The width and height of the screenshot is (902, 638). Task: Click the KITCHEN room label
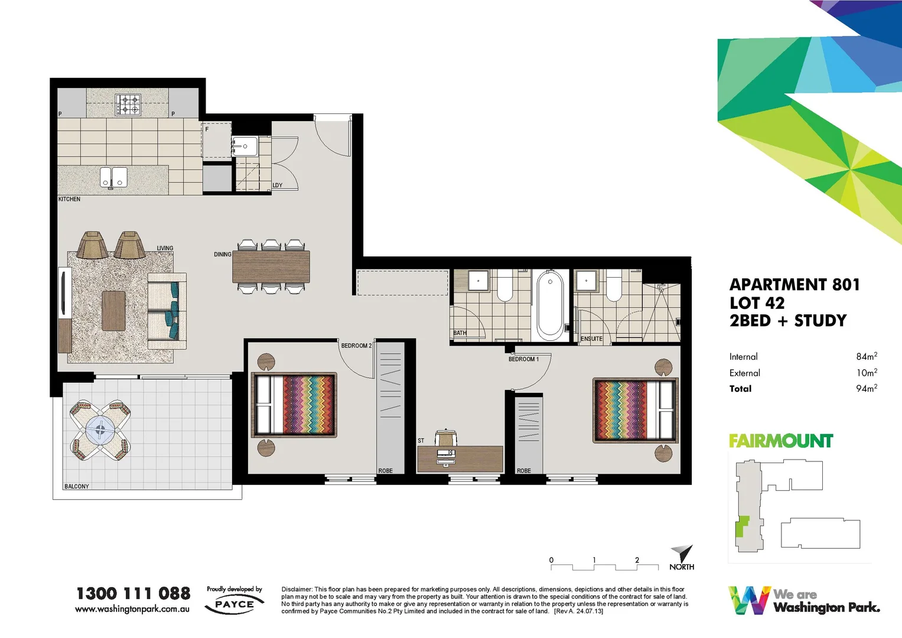[x=69, y=199]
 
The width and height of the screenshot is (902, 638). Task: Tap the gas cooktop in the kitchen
[x=128, y=105]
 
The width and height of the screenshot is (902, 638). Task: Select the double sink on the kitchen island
[x=113, y=177]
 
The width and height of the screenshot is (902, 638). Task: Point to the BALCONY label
[x=77, y=486]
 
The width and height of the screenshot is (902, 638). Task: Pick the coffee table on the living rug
[x=113, y=311]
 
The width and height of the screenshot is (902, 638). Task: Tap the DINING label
[x=223, y=255]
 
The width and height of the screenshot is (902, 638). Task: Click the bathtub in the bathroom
[x=550, y=305]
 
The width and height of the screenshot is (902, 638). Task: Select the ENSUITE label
[x=591, y=338]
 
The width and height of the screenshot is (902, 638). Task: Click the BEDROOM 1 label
[x=523, y=359]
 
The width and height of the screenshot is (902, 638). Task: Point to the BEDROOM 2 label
[x=356, y=346]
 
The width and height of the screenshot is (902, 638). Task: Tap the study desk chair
[x=445, y=438]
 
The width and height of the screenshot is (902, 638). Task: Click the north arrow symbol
[x=683, y=554]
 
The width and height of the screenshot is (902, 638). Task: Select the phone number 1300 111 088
[x=133, y=593]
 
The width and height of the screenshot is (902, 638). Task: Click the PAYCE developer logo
[x=234, y=604]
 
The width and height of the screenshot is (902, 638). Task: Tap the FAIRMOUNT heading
[x=780, y=441]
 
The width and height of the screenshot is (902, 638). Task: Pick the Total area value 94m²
[x=866, y=388]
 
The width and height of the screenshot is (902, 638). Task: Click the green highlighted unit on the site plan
[x=741, y=526]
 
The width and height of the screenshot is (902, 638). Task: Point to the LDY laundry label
[x=277, y=185]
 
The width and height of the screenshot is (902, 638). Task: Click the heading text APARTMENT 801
[x=794, y=285]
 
